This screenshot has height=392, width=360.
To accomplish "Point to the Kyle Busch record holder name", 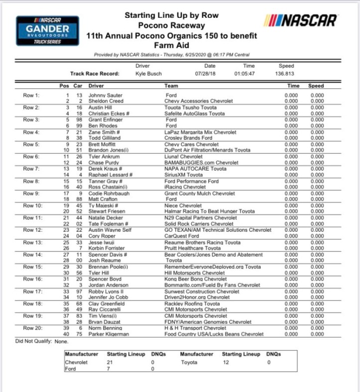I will point(148,74).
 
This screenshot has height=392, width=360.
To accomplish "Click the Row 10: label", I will point(32,204).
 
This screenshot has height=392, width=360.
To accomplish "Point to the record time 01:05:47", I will point(244,74).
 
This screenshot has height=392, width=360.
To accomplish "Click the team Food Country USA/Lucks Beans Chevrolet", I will point(214,334).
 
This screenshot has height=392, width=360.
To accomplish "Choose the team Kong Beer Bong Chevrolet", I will point(194,279).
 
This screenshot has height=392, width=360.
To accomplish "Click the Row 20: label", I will point(32,328).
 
